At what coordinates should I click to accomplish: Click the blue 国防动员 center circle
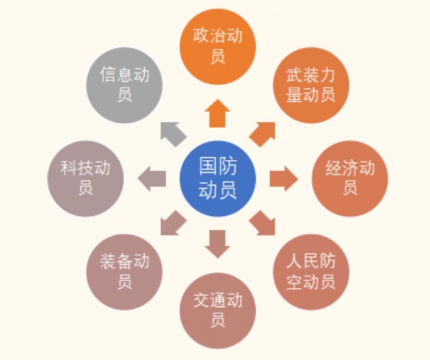pos(218,179)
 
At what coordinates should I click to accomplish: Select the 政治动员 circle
pos(218,47)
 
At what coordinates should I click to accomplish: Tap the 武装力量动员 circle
pos(311,85)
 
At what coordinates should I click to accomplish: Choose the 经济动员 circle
pos(350,179)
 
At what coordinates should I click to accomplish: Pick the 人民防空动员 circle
pos(311,272)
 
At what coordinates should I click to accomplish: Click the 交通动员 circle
pos(218,311)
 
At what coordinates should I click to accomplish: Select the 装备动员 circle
pos(124,272)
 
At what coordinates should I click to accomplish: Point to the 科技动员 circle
pos(85,179)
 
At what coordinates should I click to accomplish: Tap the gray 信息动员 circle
pos(124,85)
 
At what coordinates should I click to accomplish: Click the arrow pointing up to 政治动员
pos(218,113)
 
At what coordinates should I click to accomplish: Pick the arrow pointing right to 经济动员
pos(284,179)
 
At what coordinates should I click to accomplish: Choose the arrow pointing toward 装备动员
pos(173,223)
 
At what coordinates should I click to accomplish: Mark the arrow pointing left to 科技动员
pos(152,179)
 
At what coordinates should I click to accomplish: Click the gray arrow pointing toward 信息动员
pos(173,134)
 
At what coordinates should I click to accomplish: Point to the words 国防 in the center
pos(218,166)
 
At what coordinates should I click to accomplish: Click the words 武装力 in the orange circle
pos(311,75)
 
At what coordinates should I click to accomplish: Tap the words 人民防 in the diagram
pos(311,261)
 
